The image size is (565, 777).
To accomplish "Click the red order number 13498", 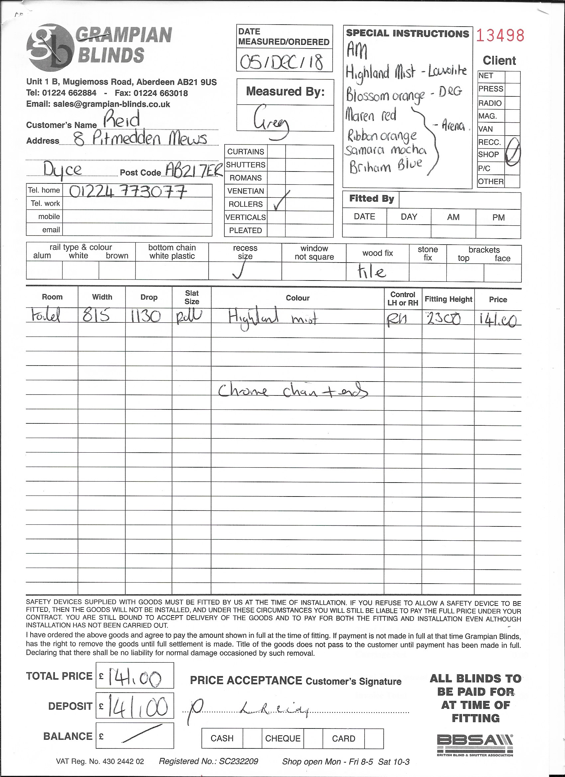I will point(500,35).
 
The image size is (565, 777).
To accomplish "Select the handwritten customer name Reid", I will point(122,120).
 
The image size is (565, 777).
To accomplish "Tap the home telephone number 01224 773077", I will point(129,191).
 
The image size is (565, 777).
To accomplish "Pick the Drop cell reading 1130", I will point(146,317).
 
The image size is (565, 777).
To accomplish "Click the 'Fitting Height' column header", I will point(448,299).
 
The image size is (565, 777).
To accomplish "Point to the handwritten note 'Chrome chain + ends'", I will point(293,391).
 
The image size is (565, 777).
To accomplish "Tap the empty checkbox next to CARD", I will point(374,738).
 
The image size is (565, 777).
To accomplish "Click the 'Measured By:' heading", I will point(285,91).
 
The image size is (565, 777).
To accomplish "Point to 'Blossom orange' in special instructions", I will point(385,95).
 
